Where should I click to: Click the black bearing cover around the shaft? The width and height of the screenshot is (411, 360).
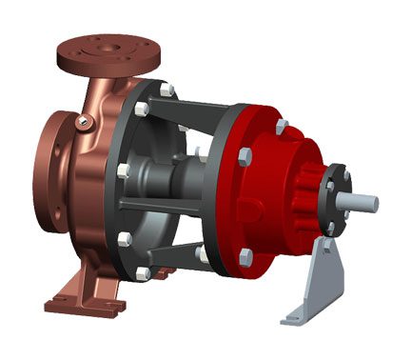(x=336, y=200)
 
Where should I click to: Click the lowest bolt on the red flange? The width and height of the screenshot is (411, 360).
(x=245, y=256)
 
